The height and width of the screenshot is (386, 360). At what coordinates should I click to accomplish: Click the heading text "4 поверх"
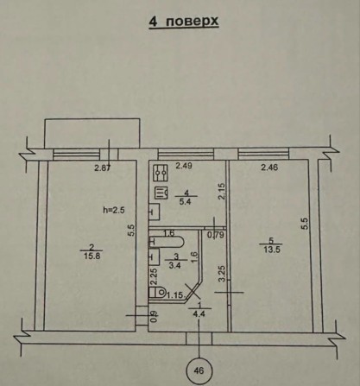pyautogui.click(x=184, y=22)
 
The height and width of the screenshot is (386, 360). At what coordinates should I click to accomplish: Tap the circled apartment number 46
pyautogui.click(x=199, y=370)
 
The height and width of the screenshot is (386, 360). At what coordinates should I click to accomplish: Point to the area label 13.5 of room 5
pyautogui.click(x=272, y=250)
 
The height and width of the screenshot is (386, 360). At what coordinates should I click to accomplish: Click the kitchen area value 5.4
pyautogui.click(x=185, y=202)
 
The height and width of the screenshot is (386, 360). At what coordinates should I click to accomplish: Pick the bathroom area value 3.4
pyautogui.click(x=174, y=266)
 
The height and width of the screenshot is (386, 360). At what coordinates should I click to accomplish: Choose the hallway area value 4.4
pyautogui.click(x=199, y=314)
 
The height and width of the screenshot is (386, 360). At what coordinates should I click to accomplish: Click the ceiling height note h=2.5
pyautogui.click(x=114, y=210)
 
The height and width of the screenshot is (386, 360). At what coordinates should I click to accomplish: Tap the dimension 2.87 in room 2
pyautogui.click(x=103, y=168)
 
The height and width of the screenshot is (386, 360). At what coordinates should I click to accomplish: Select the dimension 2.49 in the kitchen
pyautogui.click(x=184, y=166)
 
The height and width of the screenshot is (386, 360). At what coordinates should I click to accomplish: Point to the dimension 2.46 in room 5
pyautogui.click(x=269, y=167)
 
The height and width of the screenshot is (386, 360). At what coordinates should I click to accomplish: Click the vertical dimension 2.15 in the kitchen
pyautogui.click(x=221, y=192)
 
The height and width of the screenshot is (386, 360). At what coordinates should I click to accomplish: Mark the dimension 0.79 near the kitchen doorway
pyautogui.click(x=216, y=235)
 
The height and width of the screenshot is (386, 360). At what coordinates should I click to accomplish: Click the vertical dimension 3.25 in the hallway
pyautogui.click(x=221, y=274)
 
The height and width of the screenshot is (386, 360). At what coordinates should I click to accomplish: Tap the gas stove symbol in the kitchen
pyautogui.click(x=161, y=173)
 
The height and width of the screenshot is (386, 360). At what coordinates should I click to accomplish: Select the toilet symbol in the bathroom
pyautogui.click(x=157, y=293)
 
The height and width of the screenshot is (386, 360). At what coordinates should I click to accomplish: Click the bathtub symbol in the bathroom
pyautogui.click(x=166, y=242)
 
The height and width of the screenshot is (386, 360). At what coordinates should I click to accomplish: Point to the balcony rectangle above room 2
pyautogui.click(x=92, y=133)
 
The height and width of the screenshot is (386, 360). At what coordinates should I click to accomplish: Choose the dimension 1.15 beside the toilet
pyautogui.click(x=174, y=295)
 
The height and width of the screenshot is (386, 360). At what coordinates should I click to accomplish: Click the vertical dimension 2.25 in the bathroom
pyautogui.click(x=154, y=276)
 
